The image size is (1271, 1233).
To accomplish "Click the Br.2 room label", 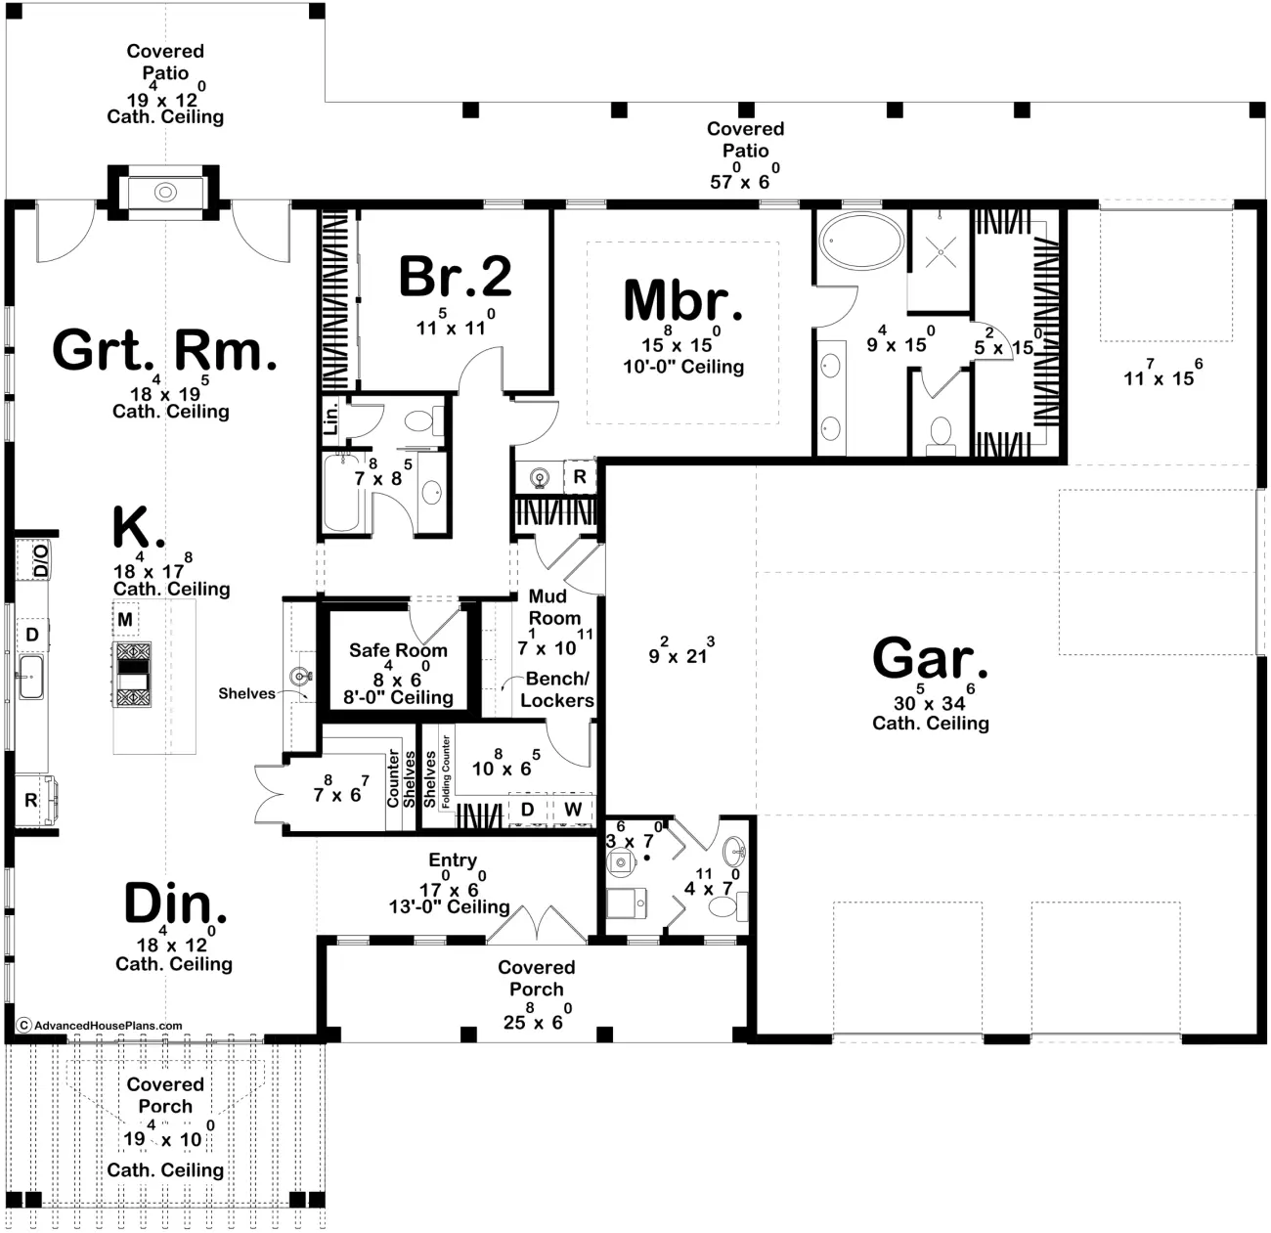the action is point(456,277).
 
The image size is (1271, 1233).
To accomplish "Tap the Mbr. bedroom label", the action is point(682,300).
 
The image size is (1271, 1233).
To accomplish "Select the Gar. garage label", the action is point(930,658).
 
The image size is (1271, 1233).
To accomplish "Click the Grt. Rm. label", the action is point(164,350).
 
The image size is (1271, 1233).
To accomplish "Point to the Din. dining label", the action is point(175,903).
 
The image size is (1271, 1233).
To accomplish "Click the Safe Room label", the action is point(398,650).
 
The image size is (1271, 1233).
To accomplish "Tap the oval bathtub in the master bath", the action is point(861,240).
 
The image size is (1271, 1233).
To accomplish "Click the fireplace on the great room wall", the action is point(164,193).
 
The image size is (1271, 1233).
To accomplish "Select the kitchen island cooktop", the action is point(132,675).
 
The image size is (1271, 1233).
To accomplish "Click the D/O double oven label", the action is point(40,559).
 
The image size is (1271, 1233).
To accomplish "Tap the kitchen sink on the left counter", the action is point(30,677).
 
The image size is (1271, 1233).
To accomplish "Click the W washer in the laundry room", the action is point(573,810).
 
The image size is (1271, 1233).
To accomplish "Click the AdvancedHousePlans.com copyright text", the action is point(100,1026).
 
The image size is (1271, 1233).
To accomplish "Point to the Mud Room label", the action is point(553,606).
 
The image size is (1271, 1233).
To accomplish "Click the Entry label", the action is point(453,860).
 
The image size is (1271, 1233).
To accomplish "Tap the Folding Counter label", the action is point(446,771).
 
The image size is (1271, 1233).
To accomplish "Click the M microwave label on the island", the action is point(125,619).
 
